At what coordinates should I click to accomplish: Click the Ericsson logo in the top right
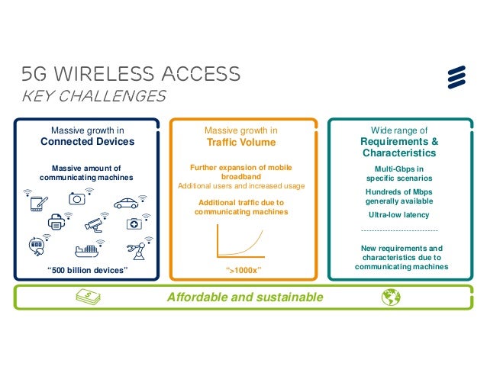click(x=456, y=76)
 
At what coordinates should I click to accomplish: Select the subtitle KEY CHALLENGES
click(x=94, y=96)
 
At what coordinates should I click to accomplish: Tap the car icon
click(x=126, y=203)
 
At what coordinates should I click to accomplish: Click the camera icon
click(x=78, y=198)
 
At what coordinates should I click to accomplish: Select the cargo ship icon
click(x=86, y=250)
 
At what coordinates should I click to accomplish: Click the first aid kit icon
click(x=134, y=224)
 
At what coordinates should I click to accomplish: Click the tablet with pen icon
click(x=38, y=204)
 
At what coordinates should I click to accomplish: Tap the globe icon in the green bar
click(x=393, y=297)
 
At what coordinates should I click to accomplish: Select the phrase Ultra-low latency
click(x=398, y=215)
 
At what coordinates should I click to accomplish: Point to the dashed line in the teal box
click(x=398, y=230)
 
